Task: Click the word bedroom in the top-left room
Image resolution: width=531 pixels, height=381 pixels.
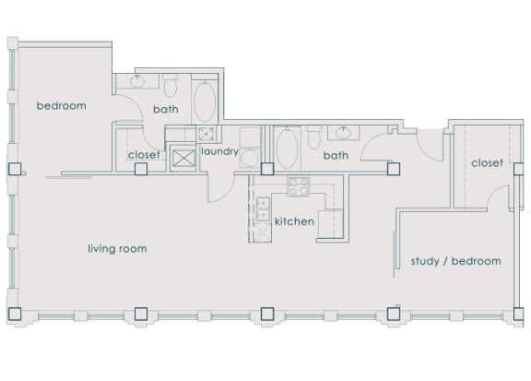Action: [x=61, y=106]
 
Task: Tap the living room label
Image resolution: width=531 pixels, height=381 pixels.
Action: [x=117, y=249]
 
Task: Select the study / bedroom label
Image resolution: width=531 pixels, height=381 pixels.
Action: [x=455, y=261]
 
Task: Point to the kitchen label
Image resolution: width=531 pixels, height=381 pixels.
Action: [x=295, y=222]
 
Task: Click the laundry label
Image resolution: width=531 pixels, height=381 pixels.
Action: [x=219, y=151]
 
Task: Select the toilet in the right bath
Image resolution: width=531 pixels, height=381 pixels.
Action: [x=313, y=138]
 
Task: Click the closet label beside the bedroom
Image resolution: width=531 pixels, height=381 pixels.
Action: [x=145, y=155]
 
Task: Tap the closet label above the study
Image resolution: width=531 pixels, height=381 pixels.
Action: [x=487, y=163]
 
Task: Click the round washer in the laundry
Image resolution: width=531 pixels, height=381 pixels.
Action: [x=206, y=134]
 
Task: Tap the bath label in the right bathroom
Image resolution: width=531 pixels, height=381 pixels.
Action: [x=336, y=156]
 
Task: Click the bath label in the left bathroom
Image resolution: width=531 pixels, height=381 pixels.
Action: [x=166, y=110]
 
